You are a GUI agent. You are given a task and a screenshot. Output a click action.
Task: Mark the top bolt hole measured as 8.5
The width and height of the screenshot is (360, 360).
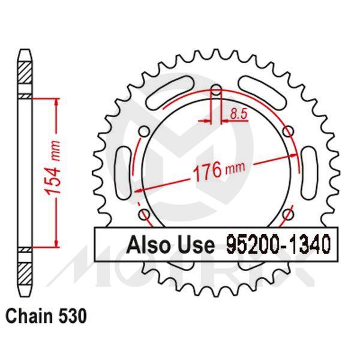coord(217,92)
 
